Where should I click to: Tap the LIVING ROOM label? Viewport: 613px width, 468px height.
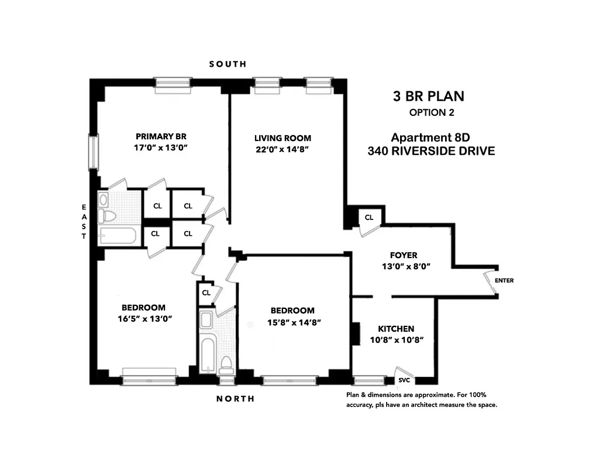tap(283, 138)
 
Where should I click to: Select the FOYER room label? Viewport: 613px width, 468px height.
tap(404, 255)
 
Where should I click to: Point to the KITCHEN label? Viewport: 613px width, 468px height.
tap(395, 329)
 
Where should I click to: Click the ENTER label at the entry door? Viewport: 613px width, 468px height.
tap(504, 280)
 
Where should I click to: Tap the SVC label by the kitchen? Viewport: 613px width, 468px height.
tap(404, 380)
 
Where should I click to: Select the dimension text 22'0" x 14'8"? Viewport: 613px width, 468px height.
tap(283, 149)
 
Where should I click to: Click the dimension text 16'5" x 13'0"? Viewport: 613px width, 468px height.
tap(143, 319)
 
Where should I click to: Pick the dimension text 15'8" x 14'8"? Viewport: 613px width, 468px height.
tap(292, 322)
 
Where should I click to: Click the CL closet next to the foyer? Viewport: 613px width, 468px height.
tap(369, 217)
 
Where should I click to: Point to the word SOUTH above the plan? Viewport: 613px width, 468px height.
tap(228, 64)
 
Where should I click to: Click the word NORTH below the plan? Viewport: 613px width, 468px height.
tap(235, 399)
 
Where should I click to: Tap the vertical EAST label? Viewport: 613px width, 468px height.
tap(84, 222)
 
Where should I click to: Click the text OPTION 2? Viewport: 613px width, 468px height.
tap(432, 112)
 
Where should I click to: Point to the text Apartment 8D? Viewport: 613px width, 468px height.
tap(431, 138)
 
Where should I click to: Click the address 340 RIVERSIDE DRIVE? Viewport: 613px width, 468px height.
tap(431, 151)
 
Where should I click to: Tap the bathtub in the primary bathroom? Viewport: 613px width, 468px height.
tap(118, 236)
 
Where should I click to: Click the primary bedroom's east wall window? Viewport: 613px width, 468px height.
tap(93, 152)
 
